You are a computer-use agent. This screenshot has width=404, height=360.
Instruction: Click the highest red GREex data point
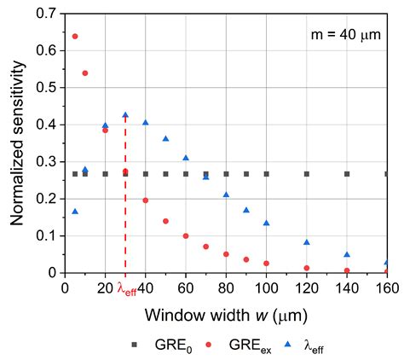(x=75, y=36)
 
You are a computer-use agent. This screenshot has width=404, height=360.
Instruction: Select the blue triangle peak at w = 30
(x=125, y=114)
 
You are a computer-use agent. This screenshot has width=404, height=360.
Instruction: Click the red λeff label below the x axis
(x=126, y=290)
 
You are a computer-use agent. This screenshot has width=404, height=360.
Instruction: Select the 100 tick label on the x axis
(x=266, y=288)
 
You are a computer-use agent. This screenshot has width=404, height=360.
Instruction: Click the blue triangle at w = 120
(x=307, y=242)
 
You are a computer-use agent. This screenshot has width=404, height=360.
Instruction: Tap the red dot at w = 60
(x=186, y=235)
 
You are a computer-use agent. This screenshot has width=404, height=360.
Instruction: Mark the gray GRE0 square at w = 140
(x=347, y=174)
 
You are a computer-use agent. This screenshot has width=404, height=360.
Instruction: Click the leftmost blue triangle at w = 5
(x=75, y=212)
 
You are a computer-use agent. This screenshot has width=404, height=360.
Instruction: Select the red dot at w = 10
(x=85, y=73)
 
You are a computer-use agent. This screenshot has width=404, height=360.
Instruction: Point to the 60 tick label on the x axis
(x=186, y=288)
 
